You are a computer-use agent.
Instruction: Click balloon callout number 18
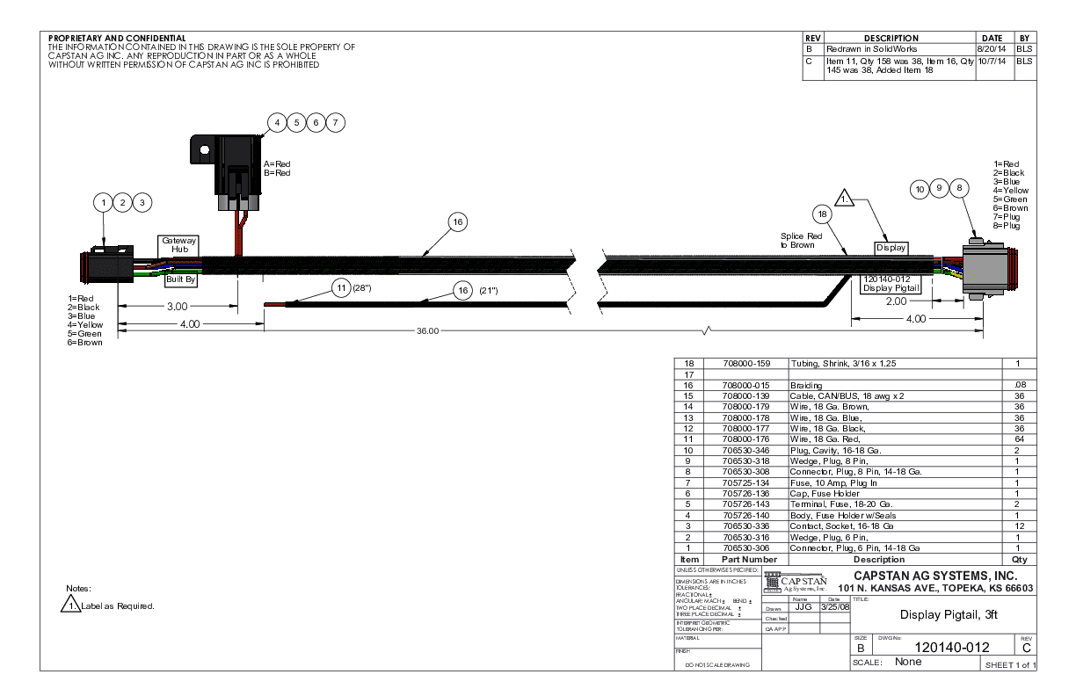822,214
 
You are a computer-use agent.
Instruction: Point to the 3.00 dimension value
178,306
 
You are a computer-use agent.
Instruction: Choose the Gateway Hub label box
180,244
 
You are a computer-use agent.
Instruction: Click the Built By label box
180,280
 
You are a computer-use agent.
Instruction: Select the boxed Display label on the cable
891,248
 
